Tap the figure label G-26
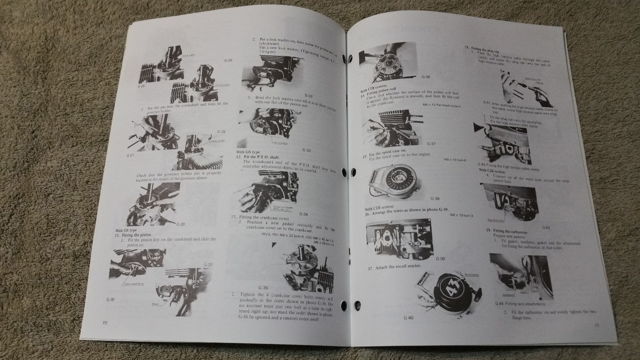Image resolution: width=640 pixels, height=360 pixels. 228,61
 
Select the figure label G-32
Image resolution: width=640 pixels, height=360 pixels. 308,96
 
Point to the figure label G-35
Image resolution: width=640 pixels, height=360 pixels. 263,288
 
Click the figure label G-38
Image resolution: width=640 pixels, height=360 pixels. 435,199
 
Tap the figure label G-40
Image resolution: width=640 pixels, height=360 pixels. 408,318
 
